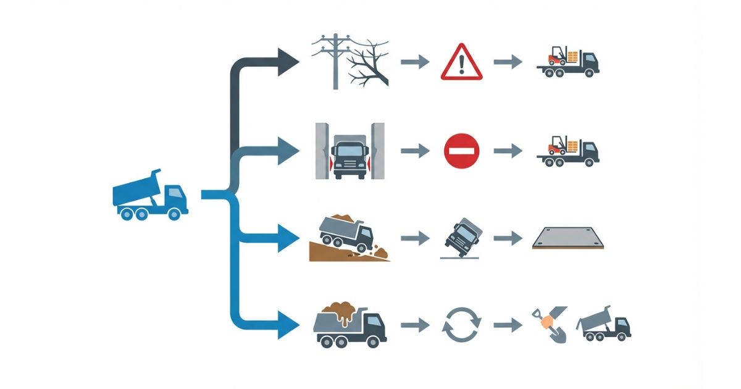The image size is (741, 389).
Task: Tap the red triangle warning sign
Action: tap(460, 62)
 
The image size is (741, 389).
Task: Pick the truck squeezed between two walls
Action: tap(350, 151)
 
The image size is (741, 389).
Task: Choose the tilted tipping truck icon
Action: tap(463, 236)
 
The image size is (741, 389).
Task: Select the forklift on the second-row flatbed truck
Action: tap(558, 146)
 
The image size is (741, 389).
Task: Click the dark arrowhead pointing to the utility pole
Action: tap(287, 62)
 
